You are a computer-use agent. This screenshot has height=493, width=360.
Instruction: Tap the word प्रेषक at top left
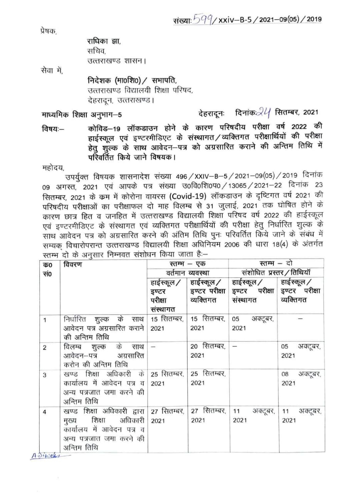[48, 30]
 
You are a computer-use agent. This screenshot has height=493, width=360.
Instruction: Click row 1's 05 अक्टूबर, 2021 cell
[252, 323]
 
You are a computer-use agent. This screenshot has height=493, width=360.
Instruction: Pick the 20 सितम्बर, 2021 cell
[208, 351]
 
